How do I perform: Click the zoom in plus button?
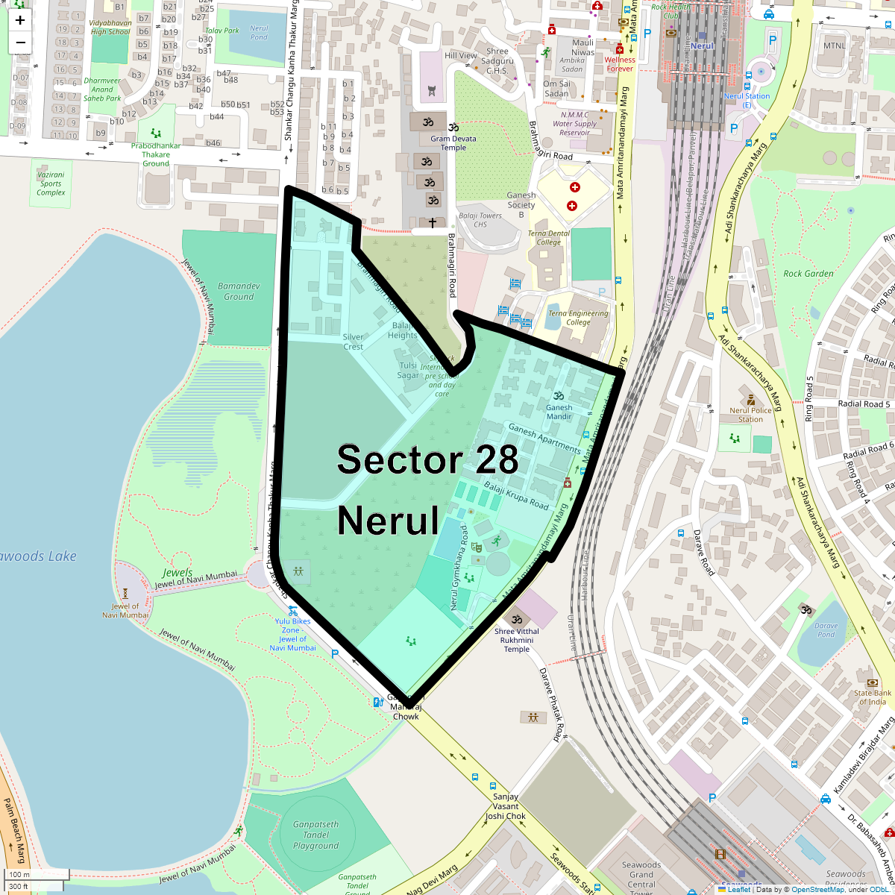click(x=20, y=20)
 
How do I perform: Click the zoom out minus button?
click(x=20, y=43)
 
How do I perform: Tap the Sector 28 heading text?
click(x=427, y=459)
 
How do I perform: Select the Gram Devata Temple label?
click(x=453, y=143)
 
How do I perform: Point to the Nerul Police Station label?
click(x=750, y=415)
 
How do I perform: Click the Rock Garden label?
click(x=808, y=274)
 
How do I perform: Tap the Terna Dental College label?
click(x=548, y=238)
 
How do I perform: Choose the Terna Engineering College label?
click(x=578, y=318)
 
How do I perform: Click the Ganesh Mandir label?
click(x=559, y=412)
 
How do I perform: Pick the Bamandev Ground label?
click(x=239, y=291)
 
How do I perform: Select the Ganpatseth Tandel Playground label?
click(x=316, y=835)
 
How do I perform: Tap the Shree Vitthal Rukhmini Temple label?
click(x=517, y=640)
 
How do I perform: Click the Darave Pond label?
click(x=826, y=630)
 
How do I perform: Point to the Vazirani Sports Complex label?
click(x=51, y=183)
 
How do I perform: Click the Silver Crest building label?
click(x=353, y=342)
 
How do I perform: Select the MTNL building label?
click(x=835, y=45)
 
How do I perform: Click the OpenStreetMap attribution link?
click(x=817, y=889)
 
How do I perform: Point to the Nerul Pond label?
click(x=259, y=33)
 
